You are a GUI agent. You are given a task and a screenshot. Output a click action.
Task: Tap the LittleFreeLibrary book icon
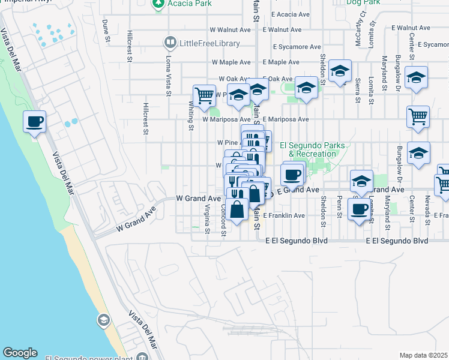click(x=170, y=43)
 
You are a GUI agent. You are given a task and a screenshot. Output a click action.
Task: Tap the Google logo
click(x=20, y=353)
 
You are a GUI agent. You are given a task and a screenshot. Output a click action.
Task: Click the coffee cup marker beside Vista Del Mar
click(x=34, y=122)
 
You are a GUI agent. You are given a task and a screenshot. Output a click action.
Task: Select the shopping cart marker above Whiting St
click(x=204, y=95)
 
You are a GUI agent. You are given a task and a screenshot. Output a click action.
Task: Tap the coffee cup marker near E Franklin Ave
click(x=360, y=209)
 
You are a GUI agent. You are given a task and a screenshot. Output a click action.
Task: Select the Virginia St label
click(x=206, y=219)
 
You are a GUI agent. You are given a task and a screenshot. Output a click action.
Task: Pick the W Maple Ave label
click(x=230, y=62)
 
